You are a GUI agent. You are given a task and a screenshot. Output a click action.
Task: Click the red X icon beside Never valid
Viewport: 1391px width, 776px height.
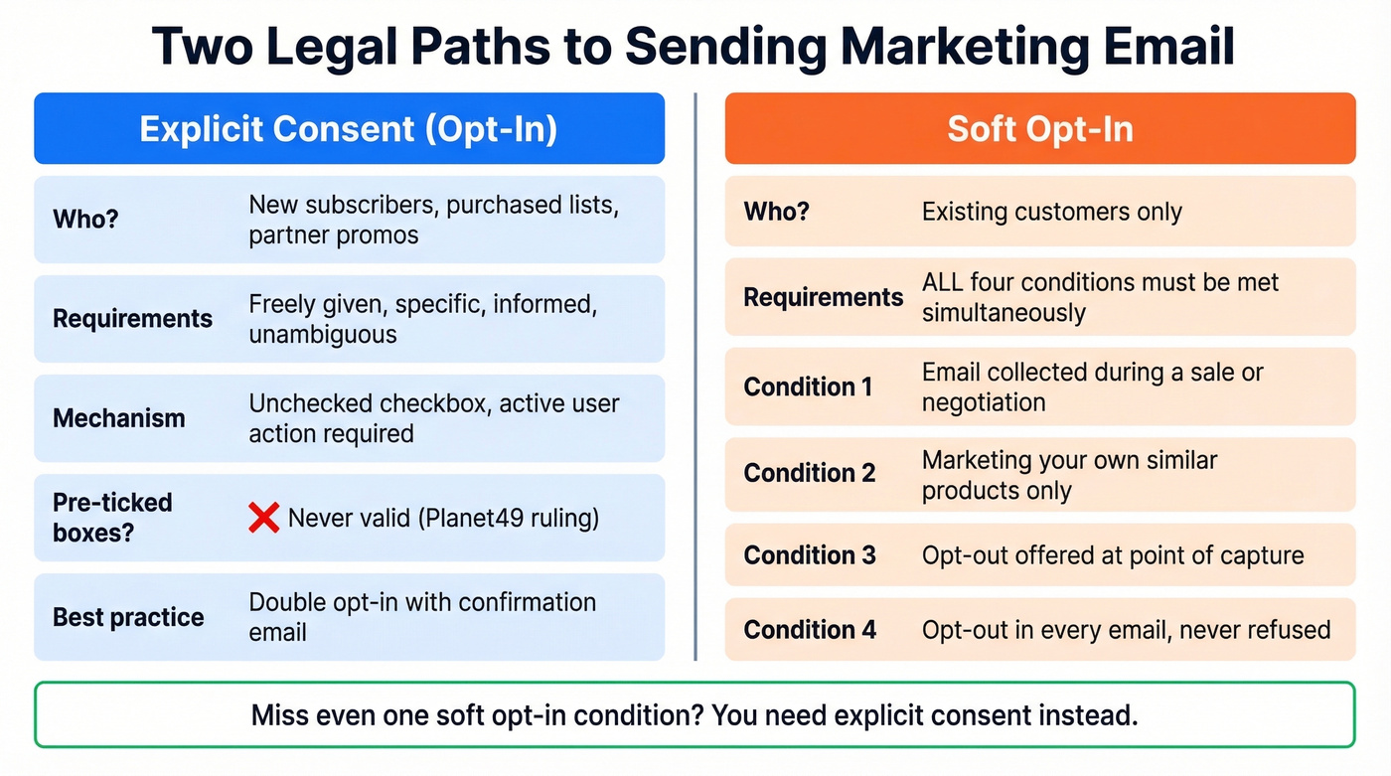click(x=263, y=518)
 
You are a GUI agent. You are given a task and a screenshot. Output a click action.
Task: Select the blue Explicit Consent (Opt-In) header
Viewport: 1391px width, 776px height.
click(x=349, y=129)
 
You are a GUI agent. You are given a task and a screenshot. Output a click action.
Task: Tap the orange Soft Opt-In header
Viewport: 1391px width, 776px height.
click(x=1039, y=129)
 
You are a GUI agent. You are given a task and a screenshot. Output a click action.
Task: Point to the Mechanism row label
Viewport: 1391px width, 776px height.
click(x=118, y=418)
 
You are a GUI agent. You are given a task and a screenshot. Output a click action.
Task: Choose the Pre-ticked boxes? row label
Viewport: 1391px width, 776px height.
click(x=112, y=518)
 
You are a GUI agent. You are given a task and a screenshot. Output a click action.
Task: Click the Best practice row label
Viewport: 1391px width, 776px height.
click(x=128, y=617)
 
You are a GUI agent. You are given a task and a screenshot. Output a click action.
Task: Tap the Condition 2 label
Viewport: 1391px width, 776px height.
click(x=810, y=473)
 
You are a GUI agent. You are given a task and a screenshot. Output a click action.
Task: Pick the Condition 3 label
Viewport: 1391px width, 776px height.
click(x=810, y=554)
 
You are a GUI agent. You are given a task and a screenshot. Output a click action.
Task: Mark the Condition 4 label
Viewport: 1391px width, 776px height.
click(x=810, y=630)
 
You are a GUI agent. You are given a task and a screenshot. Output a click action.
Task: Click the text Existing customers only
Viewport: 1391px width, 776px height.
click(x=1051, y=212)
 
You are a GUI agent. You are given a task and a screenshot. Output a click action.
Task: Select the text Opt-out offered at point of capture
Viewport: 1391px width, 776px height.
click(x=1112, y=554)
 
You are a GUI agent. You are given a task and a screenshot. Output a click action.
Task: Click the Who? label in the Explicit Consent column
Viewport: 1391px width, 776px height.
click(x=85, y=219)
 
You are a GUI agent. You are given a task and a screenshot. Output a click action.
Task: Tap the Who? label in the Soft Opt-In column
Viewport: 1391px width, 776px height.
click(x=776, y=212)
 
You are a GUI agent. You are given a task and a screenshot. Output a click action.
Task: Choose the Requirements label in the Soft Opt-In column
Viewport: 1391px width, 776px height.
click(x=824, y=297)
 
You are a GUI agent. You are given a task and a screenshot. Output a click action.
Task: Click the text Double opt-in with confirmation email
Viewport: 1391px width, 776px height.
click(x=421, y=617)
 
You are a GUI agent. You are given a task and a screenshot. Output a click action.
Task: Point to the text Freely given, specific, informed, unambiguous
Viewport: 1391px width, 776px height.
click(x=422, y=319)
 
